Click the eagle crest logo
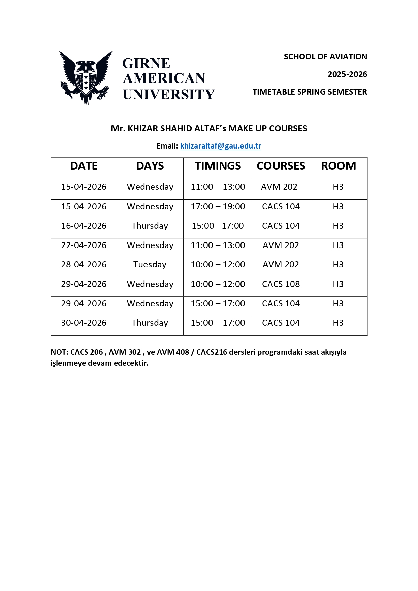(x=86, y=77)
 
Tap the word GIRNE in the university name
(x=146, y=63)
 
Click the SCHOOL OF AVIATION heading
(x=325, y=57)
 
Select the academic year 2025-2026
(x=347, y=74)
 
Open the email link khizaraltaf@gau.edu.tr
(x=221, y=146)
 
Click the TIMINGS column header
(x=218, y=166)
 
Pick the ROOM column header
(x=338, y=166)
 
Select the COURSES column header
(x=281, y=166)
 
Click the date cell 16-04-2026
(x=84, y=226)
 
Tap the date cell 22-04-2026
(x=84, y=245)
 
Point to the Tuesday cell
(x=150, y=265)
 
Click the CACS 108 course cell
(x=281, y=284)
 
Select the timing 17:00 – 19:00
(x=218, y=207)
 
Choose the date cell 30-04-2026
(x=84, y=323)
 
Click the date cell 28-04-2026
(x=84, y=265)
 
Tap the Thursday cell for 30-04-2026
(x=150, y=323)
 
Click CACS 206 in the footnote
(x=87, y=352)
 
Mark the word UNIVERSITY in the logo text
(x=169, y=94)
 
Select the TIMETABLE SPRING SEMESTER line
(x=310, y=92)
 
